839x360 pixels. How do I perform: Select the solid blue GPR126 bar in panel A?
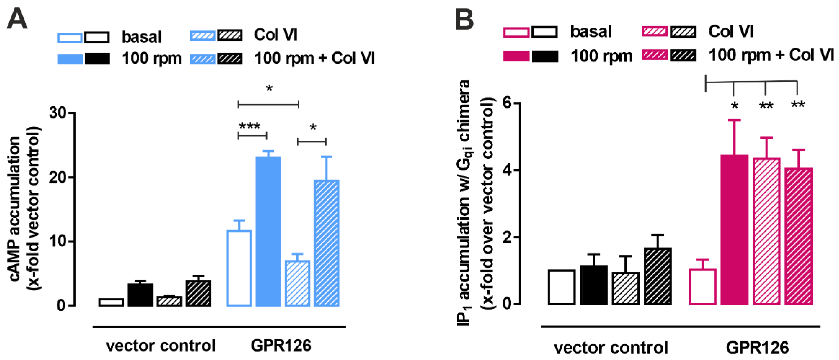[268, 231]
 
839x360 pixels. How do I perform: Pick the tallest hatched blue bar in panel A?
[326, 243]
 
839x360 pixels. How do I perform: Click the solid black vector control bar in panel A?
[140, 295]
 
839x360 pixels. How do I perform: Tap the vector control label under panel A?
[161, 346]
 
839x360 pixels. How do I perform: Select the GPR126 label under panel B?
[757, 348]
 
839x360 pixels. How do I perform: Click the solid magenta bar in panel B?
[734, 230]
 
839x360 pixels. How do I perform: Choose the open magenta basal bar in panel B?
[702, 287]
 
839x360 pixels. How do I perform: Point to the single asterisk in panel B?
[734, 106]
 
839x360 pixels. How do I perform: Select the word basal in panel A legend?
[141, 37]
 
